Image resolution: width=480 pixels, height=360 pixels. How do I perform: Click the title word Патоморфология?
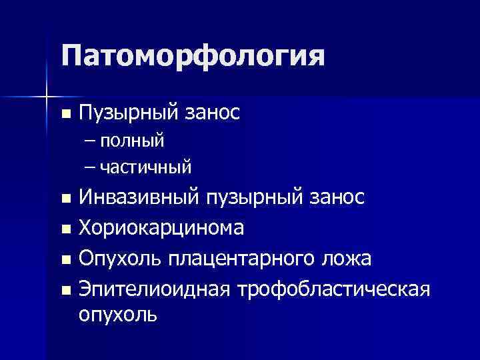coord(193,57)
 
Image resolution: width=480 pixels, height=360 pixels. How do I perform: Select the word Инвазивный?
coord(139,198)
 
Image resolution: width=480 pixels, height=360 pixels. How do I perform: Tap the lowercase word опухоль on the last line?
coord(118,315)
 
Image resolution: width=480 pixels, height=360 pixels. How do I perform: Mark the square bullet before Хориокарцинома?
coord(64,229)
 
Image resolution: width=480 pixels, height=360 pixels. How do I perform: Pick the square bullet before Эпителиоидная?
coord(64,289)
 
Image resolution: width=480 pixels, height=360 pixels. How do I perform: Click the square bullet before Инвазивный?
coord(64,199)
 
